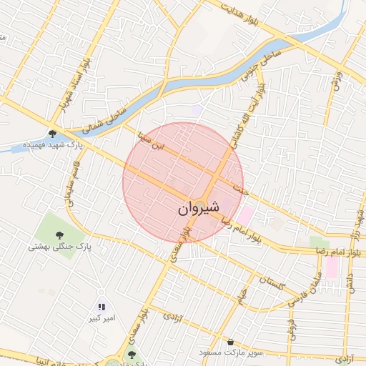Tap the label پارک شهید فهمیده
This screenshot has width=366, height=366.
[52, 144]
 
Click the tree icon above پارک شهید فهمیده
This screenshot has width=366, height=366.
[52, 133]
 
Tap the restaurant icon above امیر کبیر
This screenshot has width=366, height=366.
[100, 306]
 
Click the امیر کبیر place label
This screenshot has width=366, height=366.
[100, 317]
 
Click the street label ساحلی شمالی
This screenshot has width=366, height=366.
[103, 119]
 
